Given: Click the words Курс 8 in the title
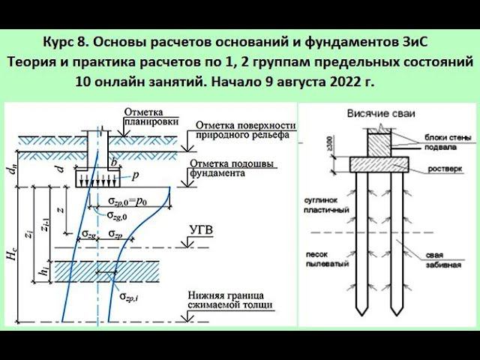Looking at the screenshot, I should [x=63, y=40].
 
